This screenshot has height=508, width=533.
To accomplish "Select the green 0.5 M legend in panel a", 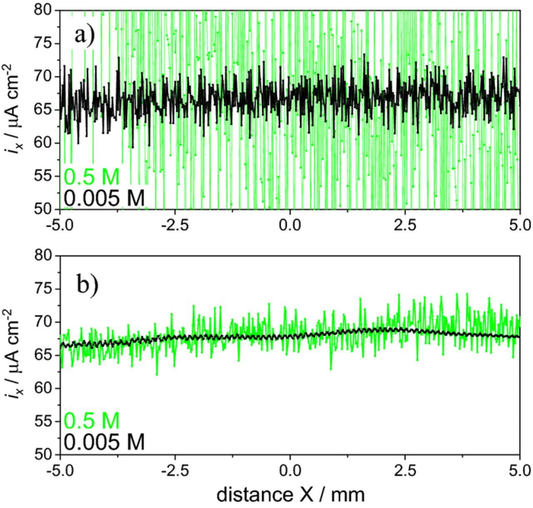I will click(x=92, y=177).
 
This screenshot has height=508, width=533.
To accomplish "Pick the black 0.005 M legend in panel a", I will click(x=104, y=197).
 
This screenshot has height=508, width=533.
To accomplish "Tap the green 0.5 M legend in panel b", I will click(x=92, y=421).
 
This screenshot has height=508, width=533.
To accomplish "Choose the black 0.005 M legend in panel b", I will click(x=104, y=442).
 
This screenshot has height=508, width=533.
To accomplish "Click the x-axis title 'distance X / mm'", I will click(x=290, y=495).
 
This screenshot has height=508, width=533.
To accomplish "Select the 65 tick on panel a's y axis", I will click(x=45, y=110).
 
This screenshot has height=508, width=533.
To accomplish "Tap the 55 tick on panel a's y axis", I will click(x=45, y=176).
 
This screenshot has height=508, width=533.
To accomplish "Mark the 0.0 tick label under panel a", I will click(x=290, y=225).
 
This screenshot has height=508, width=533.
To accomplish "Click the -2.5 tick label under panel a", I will click(x=175, y=225).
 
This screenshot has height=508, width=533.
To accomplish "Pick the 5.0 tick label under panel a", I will click(x=520, y=225).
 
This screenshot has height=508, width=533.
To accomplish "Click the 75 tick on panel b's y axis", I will click(x=45, y=289).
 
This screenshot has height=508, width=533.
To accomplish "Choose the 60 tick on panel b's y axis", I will click(x=45, y=388).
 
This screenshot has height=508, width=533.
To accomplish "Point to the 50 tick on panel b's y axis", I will click(x=45, y=454).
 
